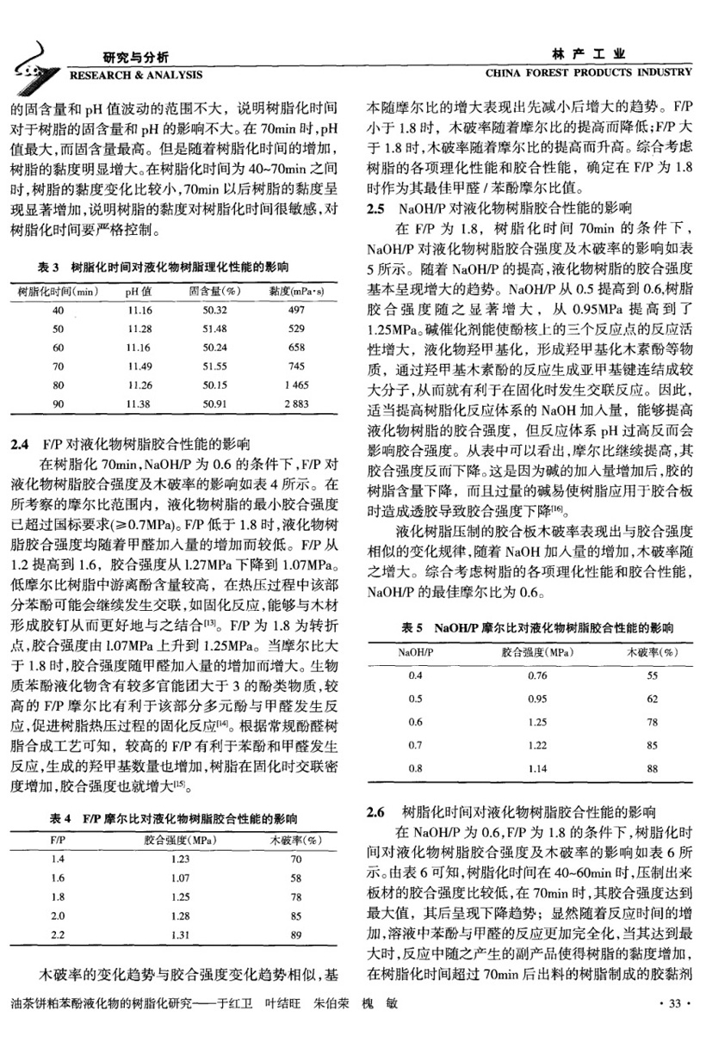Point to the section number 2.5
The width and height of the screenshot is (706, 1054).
(x=376, y=209)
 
